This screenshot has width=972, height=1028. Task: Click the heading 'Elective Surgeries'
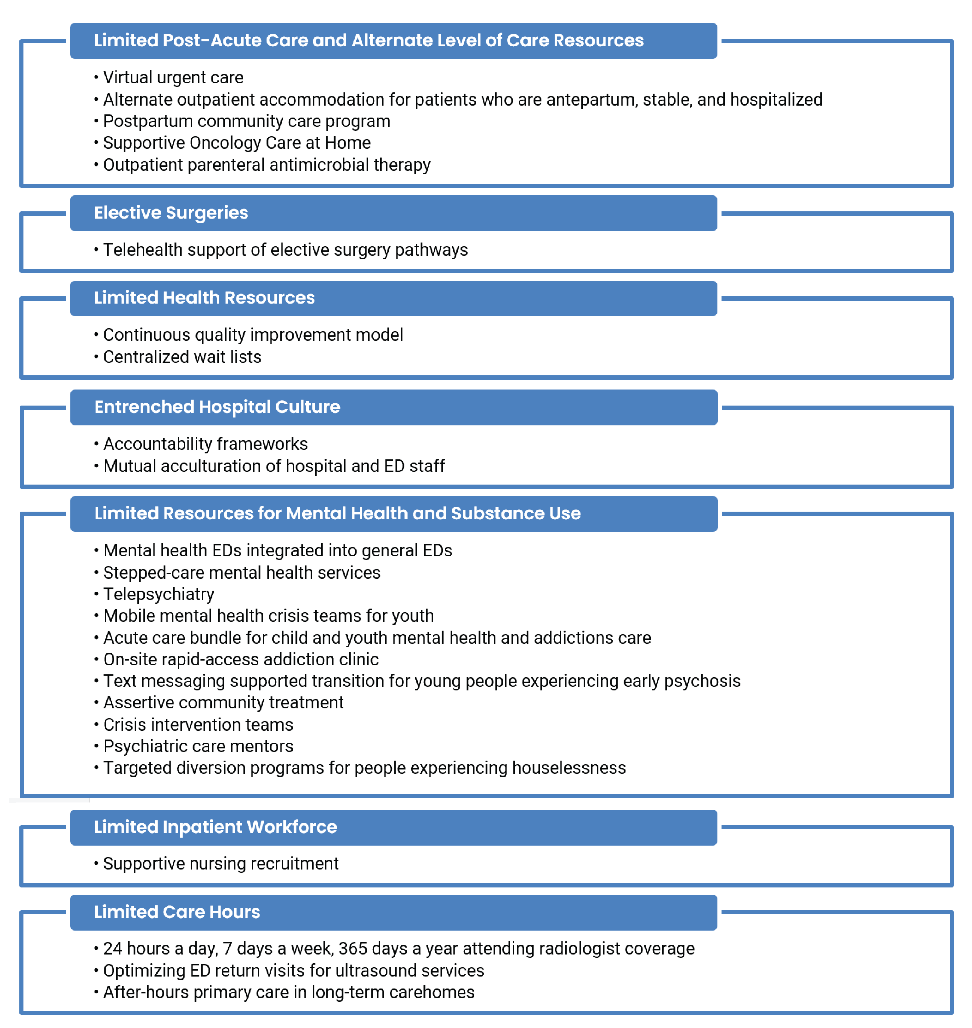(171, 213)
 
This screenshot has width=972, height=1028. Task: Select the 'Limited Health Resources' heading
(204, 298)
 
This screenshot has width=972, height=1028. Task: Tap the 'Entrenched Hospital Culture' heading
(217, 407)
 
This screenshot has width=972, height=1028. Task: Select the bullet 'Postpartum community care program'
(247, 121)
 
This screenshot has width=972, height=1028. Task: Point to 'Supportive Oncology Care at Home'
(237, 143)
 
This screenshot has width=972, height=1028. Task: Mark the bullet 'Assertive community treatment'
(223, 703)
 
